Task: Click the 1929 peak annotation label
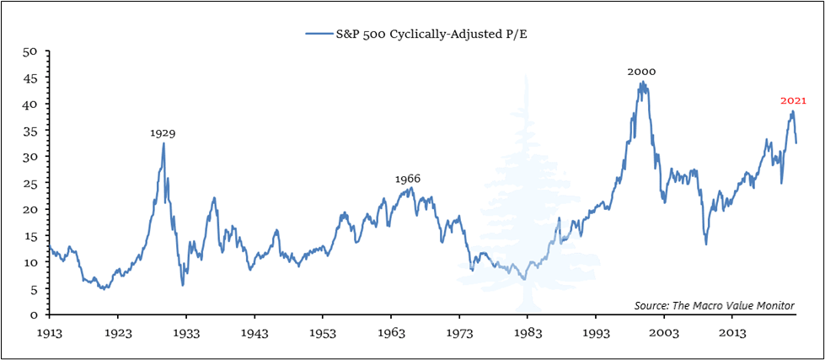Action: (x=163, y=133)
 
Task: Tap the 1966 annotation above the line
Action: (x=408, y=179)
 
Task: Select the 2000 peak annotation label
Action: (x=641, y=73)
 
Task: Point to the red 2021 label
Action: (x=793, y=100)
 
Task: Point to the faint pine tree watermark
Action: (x=525, y=194)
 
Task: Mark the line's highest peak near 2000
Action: (x=642, y=83)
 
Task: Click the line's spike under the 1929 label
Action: (x=163, y=143)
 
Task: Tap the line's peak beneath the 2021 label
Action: (x=792, y=111)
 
